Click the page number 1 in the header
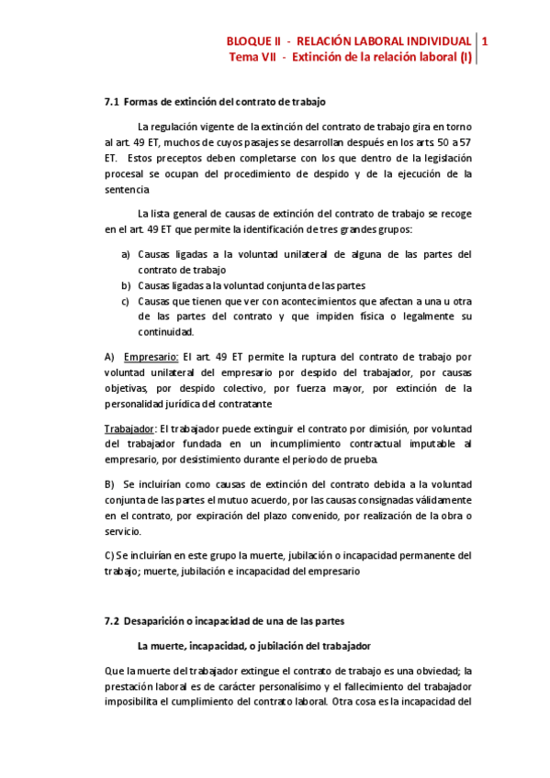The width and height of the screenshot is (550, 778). coord(485,41)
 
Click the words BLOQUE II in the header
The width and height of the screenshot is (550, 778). coord(254,41)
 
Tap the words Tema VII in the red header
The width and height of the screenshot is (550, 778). coord(253,57)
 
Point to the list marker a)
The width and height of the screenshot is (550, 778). coord(126,254)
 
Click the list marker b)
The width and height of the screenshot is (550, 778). coord(126,285)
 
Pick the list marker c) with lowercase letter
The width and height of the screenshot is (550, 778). coord(126,301)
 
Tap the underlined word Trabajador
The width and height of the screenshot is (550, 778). coord(129,428)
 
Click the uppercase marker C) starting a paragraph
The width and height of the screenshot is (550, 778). coord(109,555)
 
